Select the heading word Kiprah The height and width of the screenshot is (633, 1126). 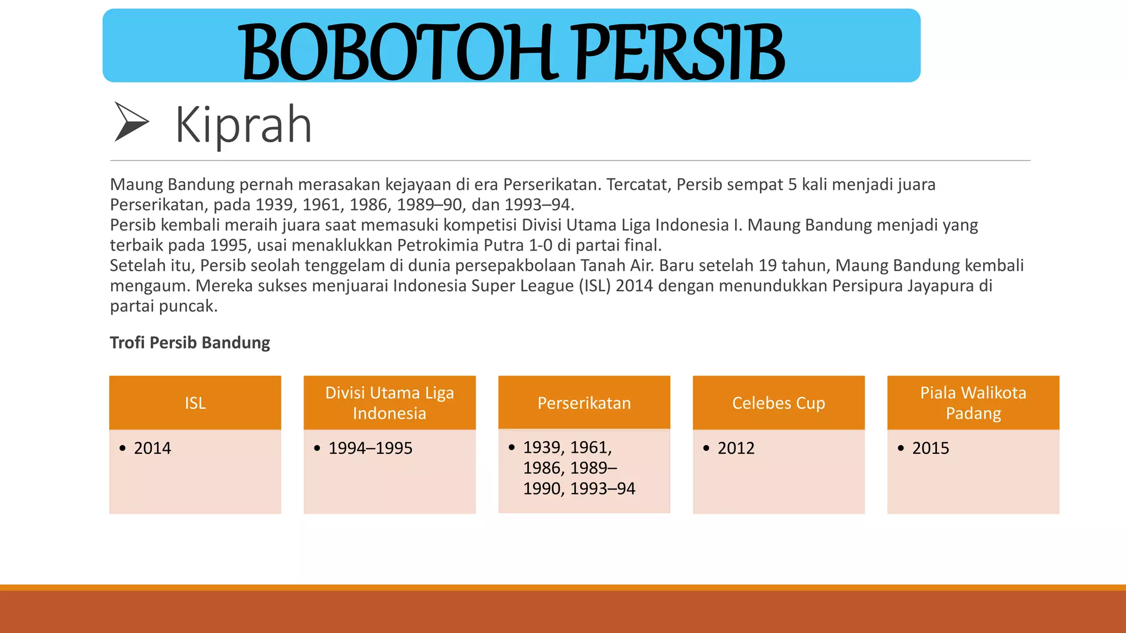(x=244, y=125)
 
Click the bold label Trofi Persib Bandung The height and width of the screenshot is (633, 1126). (x=190, y=342)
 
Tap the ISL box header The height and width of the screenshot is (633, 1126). (x=195, y=403)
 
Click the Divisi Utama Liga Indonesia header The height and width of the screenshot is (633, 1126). (x=389, y=403)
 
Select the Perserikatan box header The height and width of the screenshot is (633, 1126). (x=584, y=403)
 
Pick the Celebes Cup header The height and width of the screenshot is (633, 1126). (x=779, y=403)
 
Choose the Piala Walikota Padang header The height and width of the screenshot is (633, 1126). (x=973, y=403)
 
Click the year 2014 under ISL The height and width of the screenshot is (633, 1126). (x=152, y=448)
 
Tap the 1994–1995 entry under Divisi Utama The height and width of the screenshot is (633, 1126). (x=370, y=448)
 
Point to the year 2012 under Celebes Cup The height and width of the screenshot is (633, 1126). (x=736, y=448)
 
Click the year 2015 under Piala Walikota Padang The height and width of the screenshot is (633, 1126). (x=930, y=448)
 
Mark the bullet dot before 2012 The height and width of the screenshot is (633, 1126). (x=706, y=448)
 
